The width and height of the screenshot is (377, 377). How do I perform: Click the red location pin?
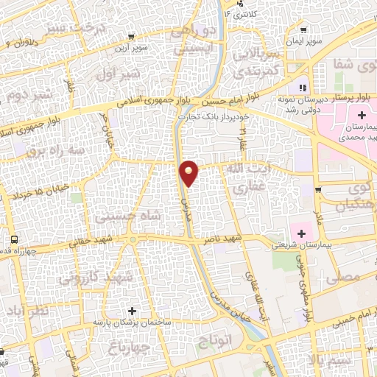189,172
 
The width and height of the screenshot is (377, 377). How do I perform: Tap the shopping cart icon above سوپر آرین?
131,36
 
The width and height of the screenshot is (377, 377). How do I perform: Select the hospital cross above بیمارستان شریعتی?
301,233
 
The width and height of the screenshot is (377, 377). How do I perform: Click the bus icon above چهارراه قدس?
14,239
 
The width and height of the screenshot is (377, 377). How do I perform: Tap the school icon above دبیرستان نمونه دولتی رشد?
301,88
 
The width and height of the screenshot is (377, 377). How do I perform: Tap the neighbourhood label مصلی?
348,277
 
